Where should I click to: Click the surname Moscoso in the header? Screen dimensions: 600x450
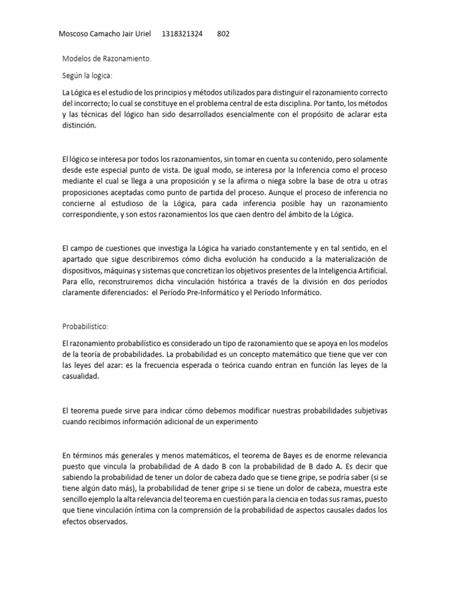point(75,34)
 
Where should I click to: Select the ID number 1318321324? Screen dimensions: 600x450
point(182,34)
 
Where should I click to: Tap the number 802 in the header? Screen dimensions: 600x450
point(223,34)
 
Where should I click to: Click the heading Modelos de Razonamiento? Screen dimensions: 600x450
point(107,59)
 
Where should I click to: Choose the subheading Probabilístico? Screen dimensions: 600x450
point(86,326)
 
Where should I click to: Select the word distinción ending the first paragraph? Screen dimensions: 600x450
point(79,125)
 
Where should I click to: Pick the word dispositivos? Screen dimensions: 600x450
point(84,271)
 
